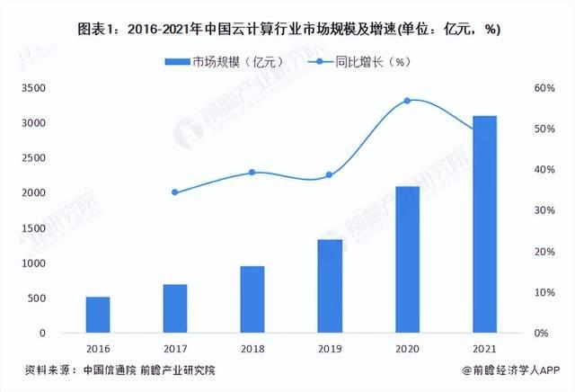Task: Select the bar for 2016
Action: (98, 315)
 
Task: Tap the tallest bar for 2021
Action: (483, 225)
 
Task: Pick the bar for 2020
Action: (406, 260)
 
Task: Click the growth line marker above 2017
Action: (175, 192)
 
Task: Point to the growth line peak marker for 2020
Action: (407, 101)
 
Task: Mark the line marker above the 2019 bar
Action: (329, 175)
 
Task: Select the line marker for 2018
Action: (252, 173)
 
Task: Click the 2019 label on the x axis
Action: (329, 347)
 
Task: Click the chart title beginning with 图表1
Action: (287, 29)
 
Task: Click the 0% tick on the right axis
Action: (542, 334)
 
